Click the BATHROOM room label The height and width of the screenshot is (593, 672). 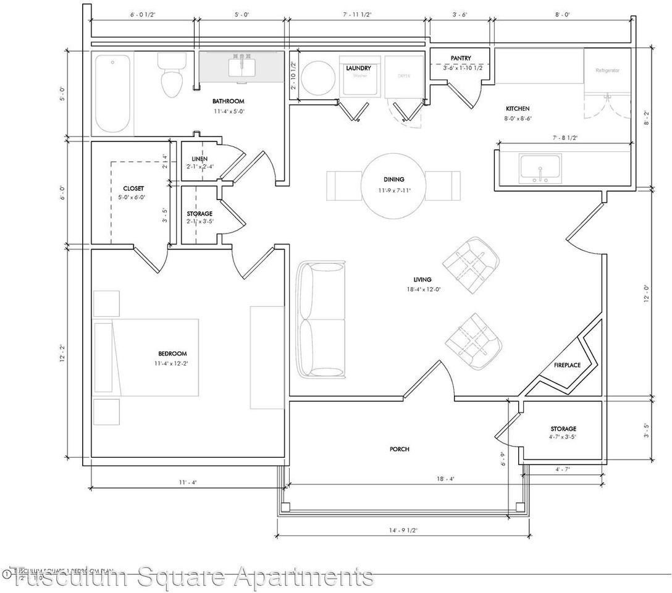click(x=229, y=101)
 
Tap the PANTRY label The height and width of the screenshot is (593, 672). click(x=461, y=58)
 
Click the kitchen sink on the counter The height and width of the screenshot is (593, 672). click(x=540, y=168)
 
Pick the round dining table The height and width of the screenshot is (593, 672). click(x=393, y=185)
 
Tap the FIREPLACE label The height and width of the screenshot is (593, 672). click(x=567, y=365)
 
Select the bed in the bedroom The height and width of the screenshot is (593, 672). click(x=146, y=357)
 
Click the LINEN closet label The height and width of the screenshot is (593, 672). click(x=199, y=159)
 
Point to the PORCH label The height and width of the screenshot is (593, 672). click(x=400, y=449)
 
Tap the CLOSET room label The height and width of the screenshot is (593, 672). click(x=133, y=189)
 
